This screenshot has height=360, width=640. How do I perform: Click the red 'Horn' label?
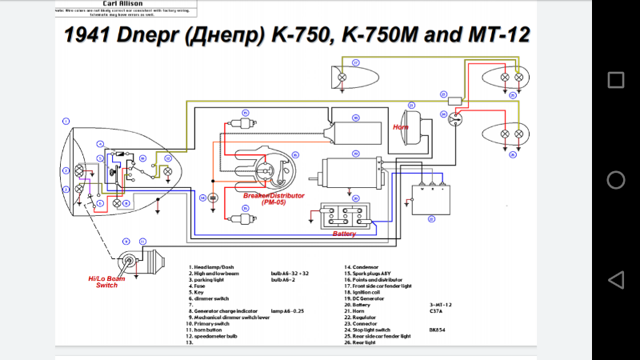(x=401, y=127)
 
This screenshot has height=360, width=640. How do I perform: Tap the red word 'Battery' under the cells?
(x=345, y=234)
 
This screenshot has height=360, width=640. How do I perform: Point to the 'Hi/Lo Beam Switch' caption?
(x=106, y=281)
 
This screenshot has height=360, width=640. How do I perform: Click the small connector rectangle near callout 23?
(x=458, y=100)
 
